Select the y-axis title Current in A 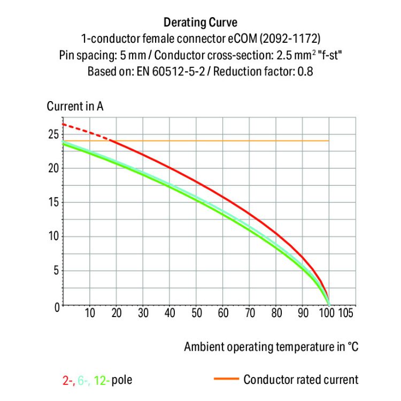pos(75,106)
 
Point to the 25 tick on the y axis pos(52,134)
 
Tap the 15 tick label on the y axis pos(52,203)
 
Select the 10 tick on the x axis pos(90,313)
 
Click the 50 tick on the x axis pos(196,313)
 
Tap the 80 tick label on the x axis pos(276,313)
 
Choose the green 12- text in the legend pos(102,381)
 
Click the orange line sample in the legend pos(225,380)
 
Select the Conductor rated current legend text pos(300,380)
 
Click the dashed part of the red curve pos(86,131)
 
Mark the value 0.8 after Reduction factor pos(305,71)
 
